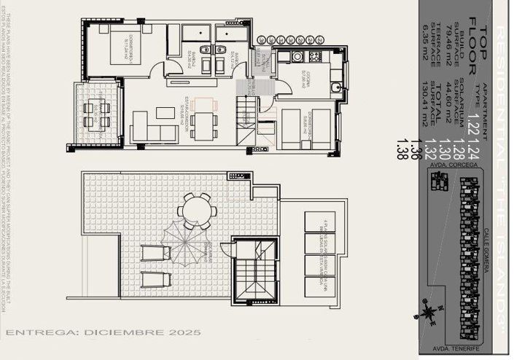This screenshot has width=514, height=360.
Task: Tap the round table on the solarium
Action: click(191, 212)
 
